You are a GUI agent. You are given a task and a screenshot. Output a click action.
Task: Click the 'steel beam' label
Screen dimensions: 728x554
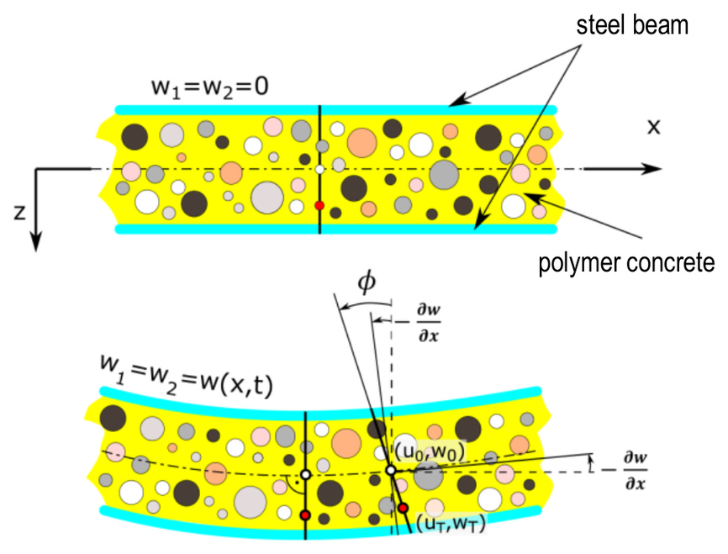[632, 25]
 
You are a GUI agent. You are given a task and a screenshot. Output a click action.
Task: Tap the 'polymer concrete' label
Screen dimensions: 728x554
[626, 263]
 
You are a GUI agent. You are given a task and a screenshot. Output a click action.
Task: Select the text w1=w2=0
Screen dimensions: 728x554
[210, 87]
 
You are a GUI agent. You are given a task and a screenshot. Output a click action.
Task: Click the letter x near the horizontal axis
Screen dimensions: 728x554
[654, 126]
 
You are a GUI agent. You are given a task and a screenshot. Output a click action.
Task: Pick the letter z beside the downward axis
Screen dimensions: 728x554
[19, 212]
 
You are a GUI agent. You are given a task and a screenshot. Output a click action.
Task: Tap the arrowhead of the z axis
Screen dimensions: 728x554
[36, 240]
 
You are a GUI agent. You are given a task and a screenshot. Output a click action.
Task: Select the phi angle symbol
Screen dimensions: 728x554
[367, 282]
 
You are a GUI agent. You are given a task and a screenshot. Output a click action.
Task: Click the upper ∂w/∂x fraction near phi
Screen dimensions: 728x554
[429, 322]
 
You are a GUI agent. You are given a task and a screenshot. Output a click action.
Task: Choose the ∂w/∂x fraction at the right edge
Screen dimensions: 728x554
[636, 471]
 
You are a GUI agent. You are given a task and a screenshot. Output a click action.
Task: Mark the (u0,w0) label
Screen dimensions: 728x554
[430, 451]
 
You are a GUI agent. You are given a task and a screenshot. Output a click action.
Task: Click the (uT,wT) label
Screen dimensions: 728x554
[450, 524]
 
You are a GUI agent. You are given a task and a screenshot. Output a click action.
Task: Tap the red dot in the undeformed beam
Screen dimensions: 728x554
[319, 205]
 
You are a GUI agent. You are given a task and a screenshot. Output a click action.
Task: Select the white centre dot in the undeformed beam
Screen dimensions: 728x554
[319, 169]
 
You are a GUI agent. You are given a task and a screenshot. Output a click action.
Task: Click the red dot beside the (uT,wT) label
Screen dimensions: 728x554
[403, 508]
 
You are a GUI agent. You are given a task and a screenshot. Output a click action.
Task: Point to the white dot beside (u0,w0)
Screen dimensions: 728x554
[391, 471]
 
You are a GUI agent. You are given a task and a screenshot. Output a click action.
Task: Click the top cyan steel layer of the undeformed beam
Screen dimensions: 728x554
[335, 110]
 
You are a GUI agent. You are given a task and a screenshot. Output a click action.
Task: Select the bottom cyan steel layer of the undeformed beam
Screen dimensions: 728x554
[335, 229]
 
